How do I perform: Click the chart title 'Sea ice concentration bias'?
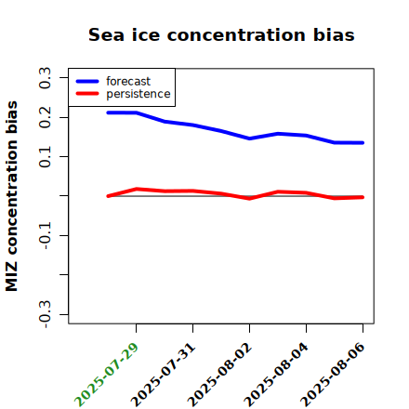pyautogui.click(x=221, y=34)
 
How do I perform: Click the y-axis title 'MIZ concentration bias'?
pyautogui.click(x=12, y=196)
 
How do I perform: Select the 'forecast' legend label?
pyautogui.click(x=128, y=81)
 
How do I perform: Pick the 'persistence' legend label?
pyautogui.click(x=139, y=94)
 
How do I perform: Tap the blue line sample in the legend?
pyautogui.click(x=87, y=81)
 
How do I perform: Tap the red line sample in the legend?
pyautogui.click(x=87, y=94)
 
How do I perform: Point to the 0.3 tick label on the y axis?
pyautogui.click(x=45, y=78)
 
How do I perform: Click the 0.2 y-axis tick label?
pyautogui.click(x=45, y=117)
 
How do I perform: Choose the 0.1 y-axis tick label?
pyautogui.click(x=45, y=157)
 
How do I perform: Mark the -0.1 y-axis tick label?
pyautogui.click(x=45, y=236)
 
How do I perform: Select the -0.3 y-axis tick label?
pyautogui.click(x=45, y=315)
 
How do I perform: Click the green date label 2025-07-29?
pyautogui.click(x=106, y=375)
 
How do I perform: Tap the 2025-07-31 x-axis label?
pyautogui.click(x=163, y=375)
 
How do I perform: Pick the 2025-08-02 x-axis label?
pyautogui.click(x=219, y=375)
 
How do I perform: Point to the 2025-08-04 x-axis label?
pyautogui.click(x=276, y=375)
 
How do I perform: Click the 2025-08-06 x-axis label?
pyautogui.click(x=333, y=375)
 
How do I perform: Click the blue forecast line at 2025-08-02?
pyautogui.click(x=249, y=139)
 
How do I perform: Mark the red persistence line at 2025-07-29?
pyautogui.click(x=136, y=189)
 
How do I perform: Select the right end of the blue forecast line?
pyautogui.click(x=363, y=143)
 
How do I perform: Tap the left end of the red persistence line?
pyautogui.click(x=108, y=196)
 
